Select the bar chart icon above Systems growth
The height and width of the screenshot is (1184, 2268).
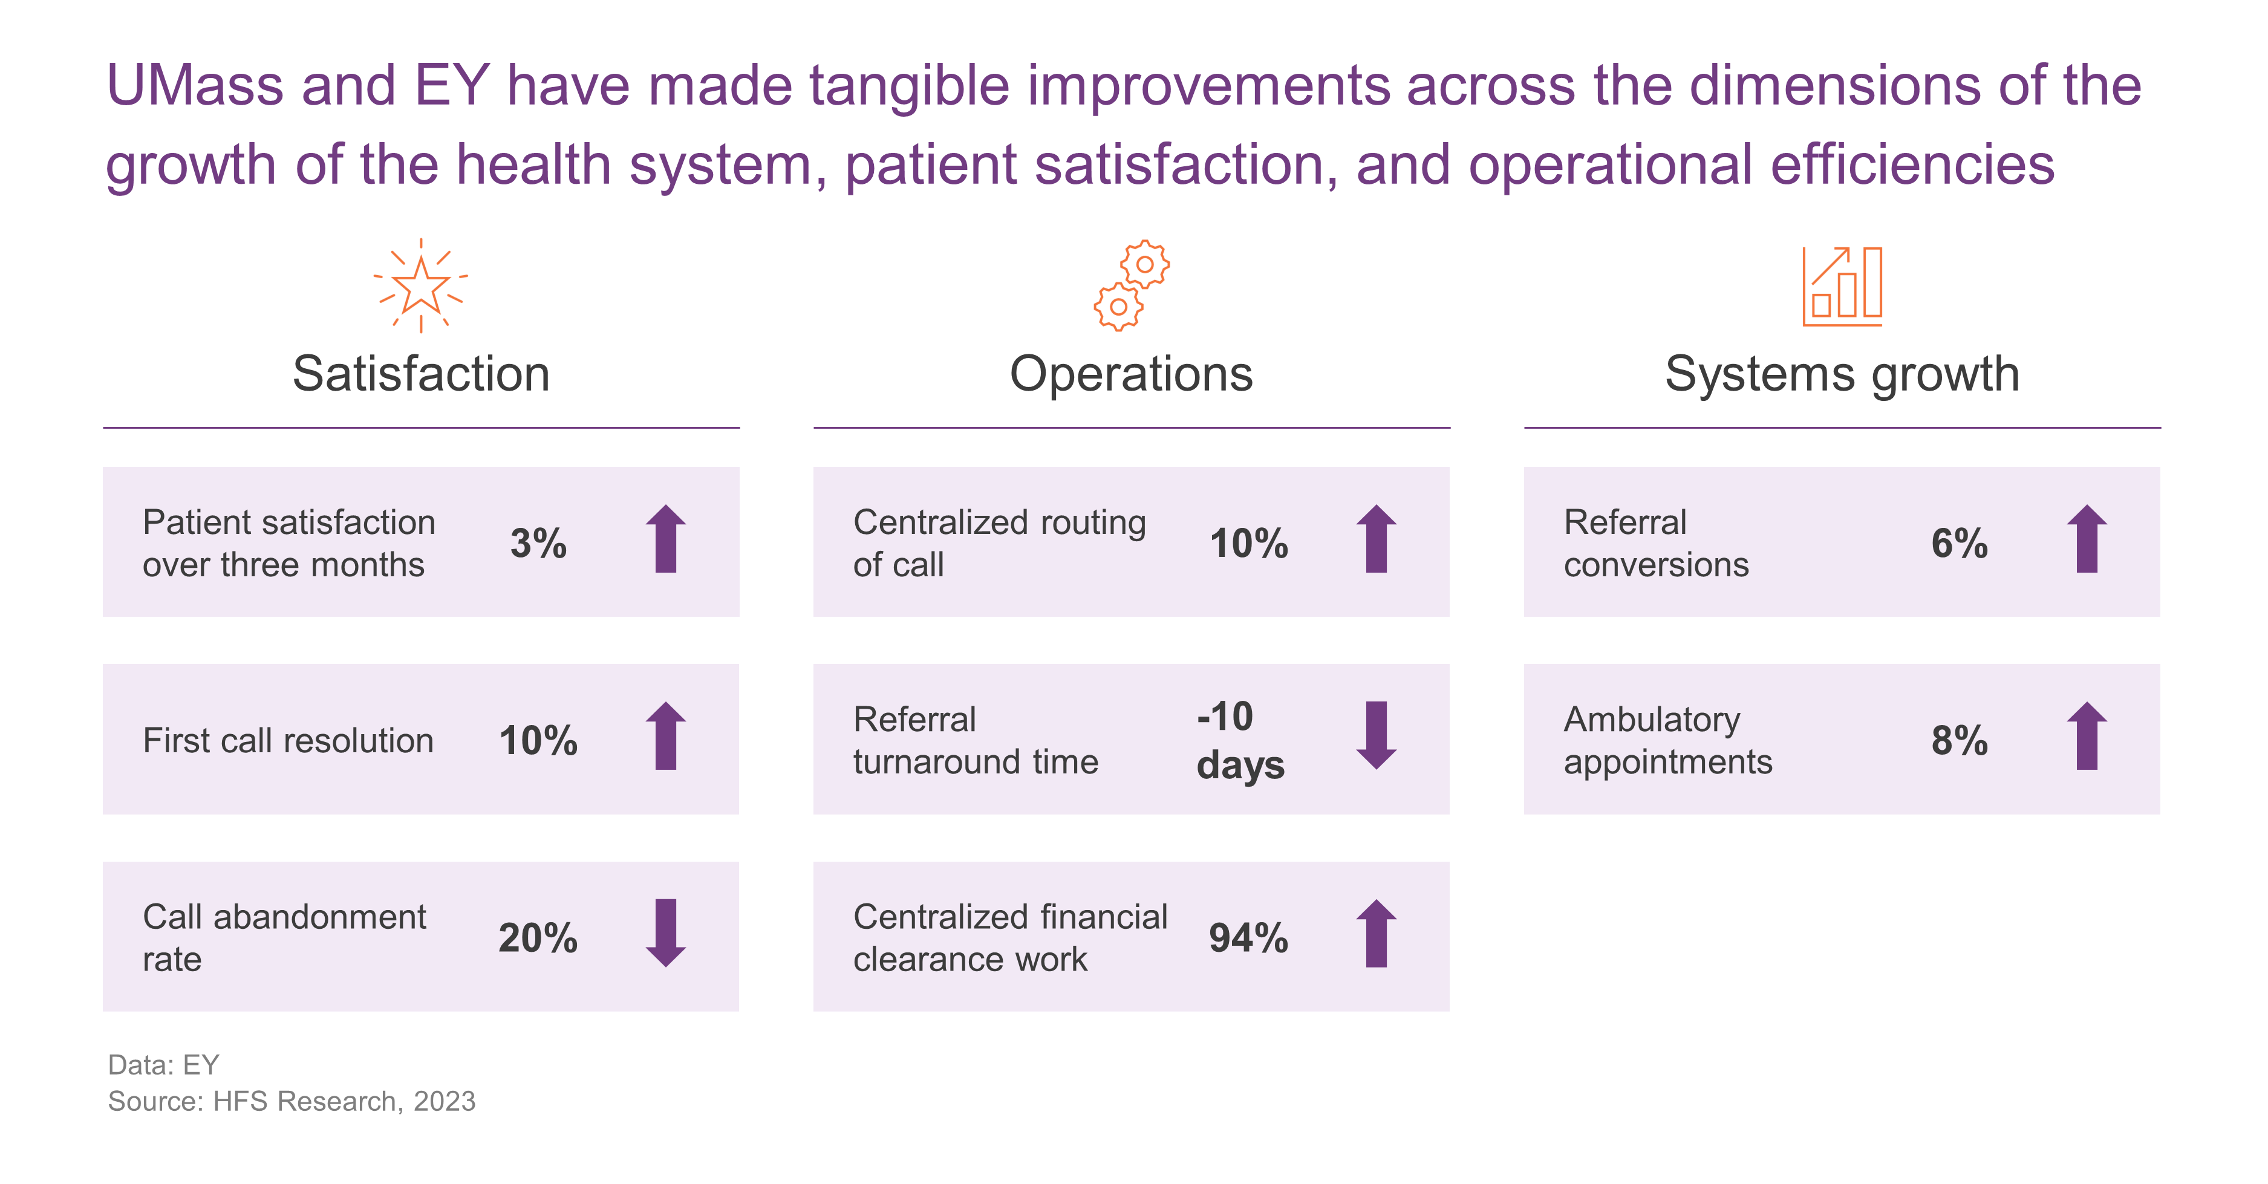click(1842, 286)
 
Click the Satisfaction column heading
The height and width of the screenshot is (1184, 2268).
click(421, 373)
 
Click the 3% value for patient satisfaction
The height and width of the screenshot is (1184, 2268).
click(538, 543)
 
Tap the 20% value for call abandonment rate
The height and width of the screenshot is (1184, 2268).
click(538, 937)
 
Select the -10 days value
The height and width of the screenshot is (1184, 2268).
click(1240, 740)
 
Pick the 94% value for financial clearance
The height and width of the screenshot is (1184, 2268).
click(1248, 937)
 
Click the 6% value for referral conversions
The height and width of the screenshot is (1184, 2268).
click(1959, 543)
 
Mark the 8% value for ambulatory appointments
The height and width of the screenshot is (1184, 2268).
click(1959, 740)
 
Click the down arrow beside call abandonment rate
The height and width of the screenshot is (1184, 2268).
click(666, 933)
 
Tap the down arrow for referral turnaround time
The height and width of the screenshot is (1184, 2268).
click(1376, 736)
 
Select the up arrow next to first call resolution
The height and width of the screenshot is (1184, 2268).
click(666, 736)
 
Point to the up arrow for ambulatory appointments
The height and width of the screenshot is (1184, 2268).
click(2087, 736)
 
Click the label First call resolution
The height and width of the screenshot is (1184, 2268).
click(288, 740)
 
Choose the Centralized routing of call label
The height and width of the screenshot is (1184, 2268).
click(999, 543)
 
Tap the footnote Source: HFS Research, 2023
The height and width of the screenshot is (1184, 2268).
click(292, 1101)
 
